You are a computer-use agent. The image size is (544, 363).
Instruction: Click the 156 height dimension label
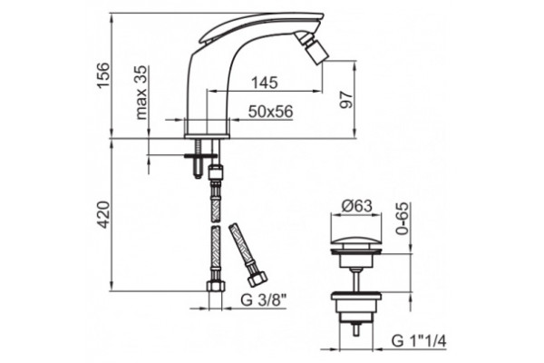coord(103,75)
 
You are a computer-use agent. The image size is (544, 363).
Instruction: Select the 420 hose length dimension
coord(103,215)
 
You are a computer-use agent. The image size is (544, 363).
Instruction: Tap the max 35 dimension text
coord(141,93)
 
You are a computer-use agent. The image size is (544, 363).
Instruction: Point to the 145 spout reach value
coord(265,83)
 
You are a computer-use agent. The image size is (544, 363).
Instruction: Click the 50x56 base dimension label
coord(270,112)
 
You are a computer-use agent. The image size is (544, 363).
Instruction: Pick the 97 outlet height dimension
coord(345,100)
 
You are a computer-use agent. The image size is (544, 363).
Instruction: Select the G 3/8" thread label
coord(263,300)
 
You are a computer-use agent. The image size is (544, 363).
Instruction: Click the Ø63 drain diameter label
coord(356,206)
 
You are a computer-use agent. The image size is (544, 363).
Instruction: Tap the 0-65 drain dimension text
coord(403,219)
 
